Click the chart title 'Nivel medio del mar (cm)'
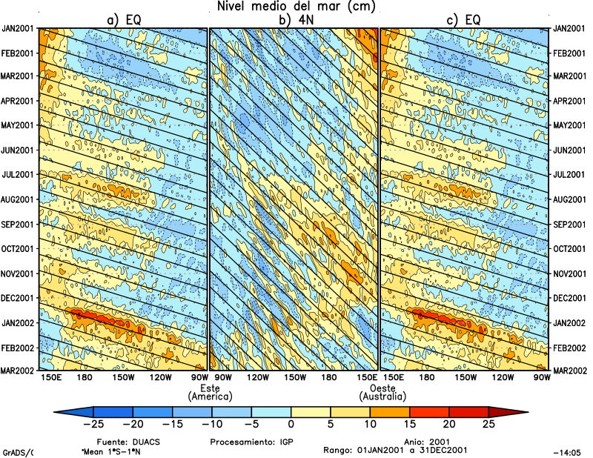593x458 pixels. tap(296, 7)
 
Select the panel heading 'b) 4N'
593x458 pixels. tap(294, 20)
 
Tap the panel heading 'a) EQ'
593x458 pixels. tap(124, 20)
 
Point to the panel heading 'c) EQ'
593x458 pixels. tap(464, 20)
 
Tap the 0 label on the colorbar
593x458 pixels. tap(291, 425)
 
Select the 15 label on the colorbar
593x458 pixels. tap(410, 425)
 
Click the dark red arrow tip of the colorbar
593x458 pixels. tap(519, 411)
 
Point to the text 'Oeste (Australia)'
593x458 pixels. tap(381, 392)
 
